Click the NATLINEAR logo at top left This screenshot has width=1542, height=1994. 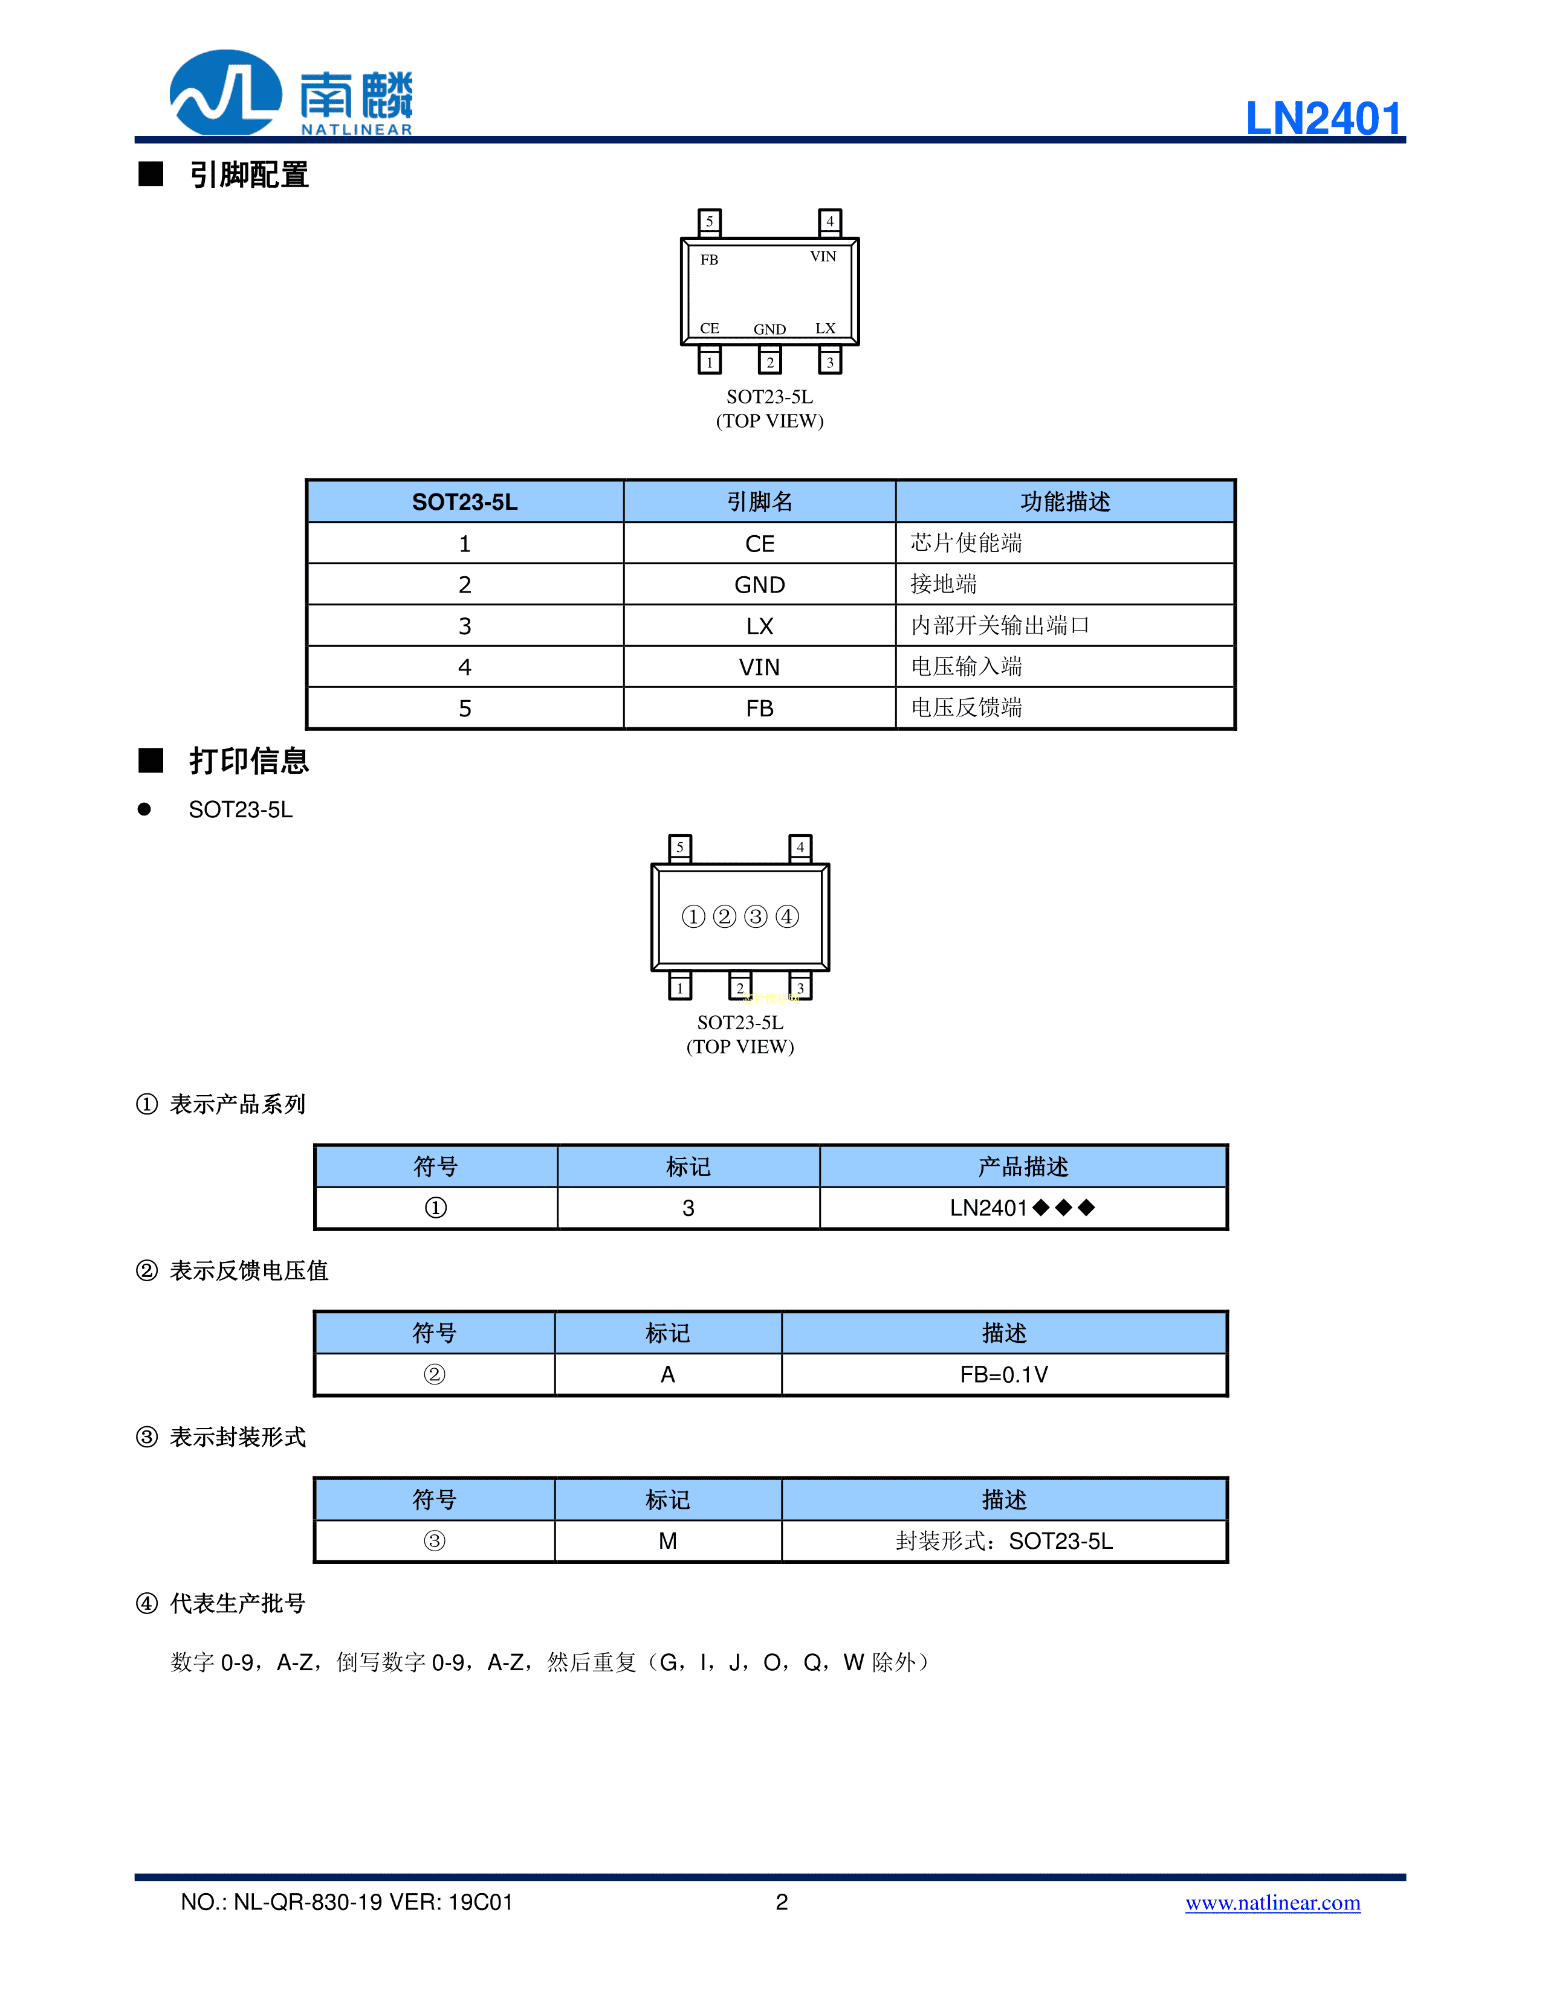pos(291,93)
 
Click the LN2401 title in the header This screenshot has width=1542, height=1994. pos(1324,118)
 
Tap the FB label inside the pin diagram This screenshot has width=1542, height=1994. pos(709,260)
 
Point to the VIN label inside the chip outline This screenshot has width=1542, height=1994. pos(823,257)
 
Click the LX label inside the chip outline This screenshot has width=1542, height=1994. pos(825,329)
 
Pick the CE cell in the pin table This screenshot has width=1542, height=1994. pos(759,544)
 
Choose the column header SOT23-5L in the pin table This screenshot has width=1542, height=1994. pos(464,502)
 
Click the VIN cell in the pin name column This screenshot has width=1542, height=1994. pos(759,667)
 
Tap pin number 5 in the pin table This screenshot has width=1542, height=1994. pos(464,709)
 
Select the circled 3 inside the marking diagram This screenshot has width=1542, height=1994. pos(756,916)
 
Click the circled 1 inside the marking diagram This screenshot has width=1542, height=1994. pos(693,916)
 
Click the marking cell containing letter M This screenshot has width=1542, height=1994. pos(668,1541)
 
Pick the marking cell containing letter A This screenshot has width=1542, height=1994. pos(668,1374)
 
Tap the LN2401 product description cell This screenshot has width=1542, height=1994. pos(1022,1208)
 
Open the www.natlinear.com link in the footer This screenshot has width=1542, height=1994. pos(1272,1903)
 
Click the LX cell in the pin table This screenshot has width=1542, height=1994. pos(759,626)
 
